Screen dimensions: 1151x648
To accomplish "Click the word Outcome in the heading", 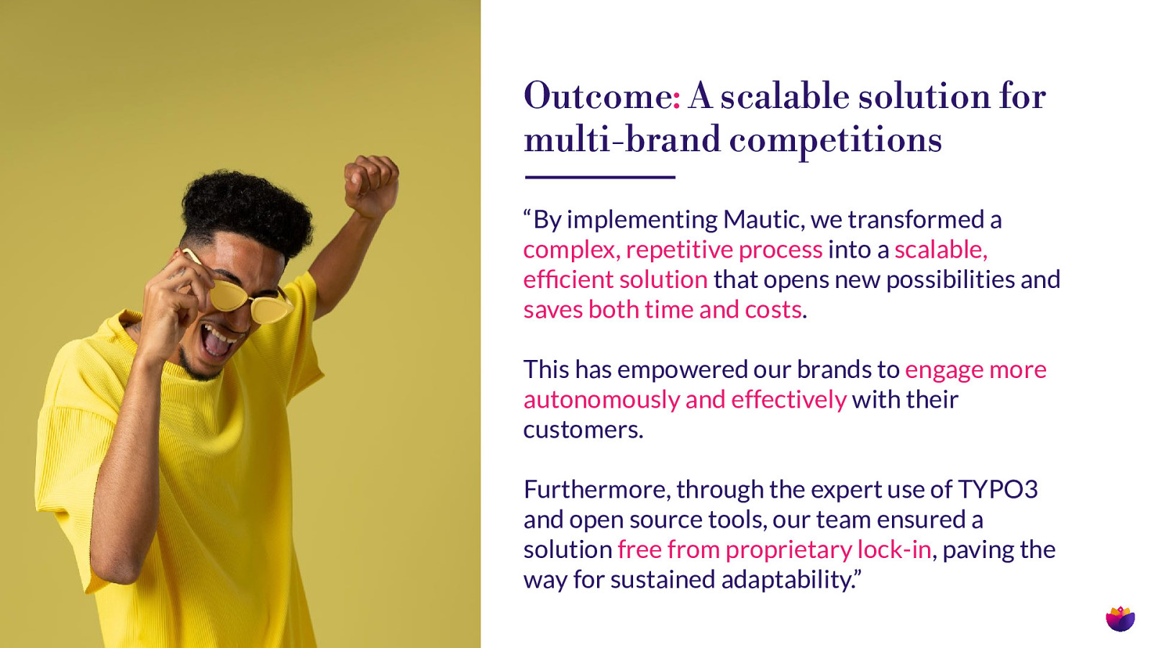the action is [x=598, y=96].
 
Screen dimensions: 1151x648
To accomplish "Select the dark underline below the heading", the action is [x=600, y=177].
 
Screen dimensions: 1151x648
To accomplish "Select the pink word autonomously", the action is [x=601, y=400].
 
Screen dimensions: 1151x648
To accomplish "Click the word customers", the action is [x=583, y=430].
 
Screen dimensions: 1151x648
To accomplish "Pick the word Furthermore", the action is [x=597, y=490].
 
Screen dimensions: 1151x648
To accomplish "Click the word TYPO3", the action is [x=998, y=489].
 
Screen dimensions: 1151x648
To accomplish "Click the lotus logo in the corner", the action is [x=1120, y=618].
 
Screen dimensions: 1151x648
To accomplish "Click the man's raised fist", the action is [x=371, y=184].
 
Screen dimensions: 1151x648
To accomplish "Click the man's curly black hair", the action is [x=247, y=211].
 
